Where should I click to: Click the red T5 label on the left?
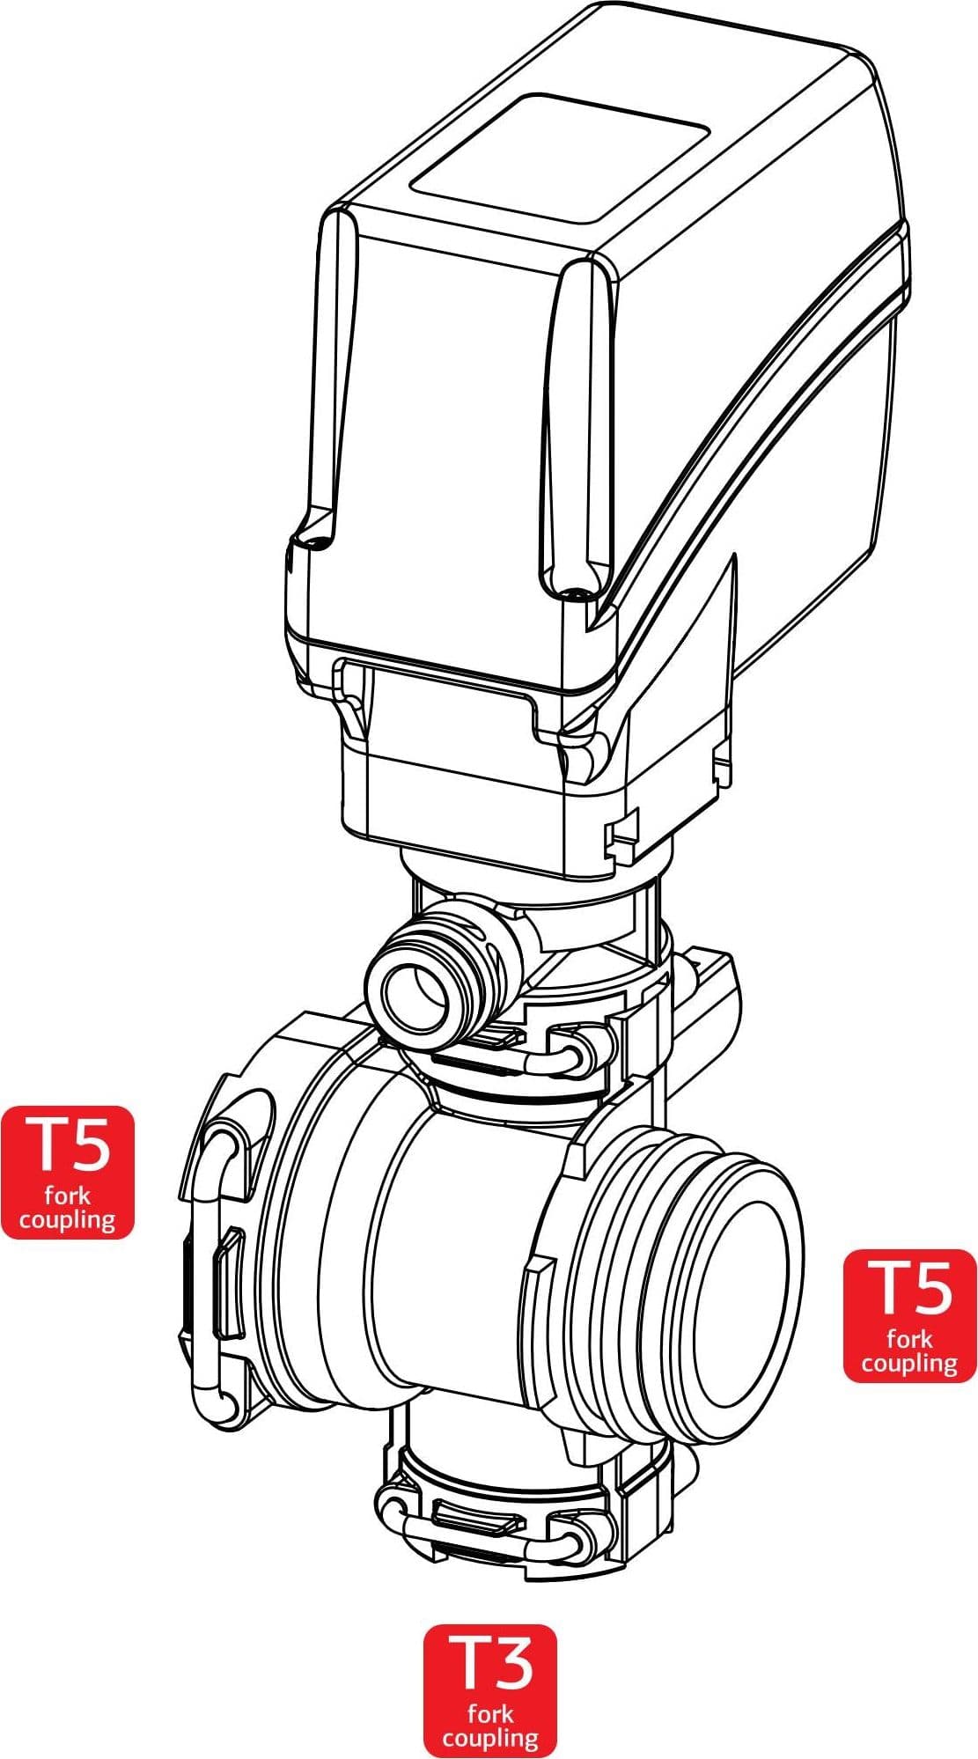pyautogui.click(x=68, y=1172)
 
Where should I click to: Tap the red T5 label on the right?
pyautogui.click(x=910, y=1315)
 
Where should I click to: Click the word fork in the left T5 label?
pyautogui.click(x=68, y=1196)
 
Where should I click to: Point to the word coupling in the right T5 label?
pyautogui.click(x=909, y=1365)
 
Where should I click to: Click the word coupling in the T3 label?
pyautogui.click(x=490, y=1740)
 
